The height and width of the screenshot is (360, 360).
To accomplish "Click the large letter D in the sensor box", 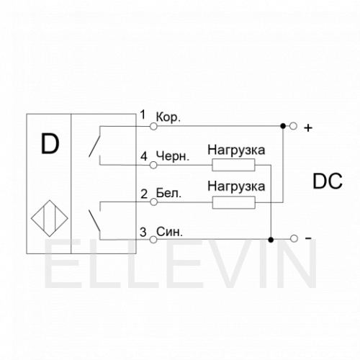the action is tap(50, 144).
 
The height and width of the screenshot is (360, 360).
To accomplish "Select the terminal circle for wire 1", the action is tap(153, 126).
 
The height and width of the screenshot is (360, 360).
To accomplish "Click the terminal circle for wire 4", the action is tap(153, 165).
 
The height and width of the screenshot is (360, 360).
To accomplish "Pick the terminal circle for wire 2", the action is tap(153, 202).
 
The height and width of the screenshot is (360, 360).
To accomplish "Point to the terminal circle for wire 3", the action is tap(153, 240).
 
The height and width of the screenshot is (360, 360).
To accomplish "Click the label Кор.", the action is tap(168, 117).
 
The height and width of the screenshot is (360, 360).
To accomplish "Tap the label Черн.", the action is tap(173, 156).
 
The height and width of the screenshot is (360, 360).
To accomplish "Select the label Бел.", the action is tap(168, 193).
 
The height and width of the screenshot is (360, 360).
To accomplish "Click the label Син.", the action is tap(169, 232).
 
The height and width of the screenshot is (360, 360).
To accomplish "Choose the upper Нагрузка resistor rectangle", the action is tap(233, 165).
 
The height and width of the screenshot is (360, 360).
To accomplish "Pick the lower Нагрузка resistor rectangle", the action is tap(234, 202).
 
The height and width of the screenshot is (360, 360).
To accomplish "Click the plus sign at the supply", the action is tap(308, 128).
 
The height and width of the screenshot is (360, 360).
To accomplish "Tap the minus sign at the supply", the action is tap(308, 238).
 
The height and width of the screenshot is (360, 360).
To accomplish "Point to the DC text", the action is tap(328, 181).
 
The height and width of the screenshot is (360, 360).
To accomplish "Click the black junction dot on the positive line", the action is tap(283, 126).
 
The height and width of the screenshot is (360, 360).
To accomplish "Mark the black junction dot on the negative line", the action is tap(271, 240).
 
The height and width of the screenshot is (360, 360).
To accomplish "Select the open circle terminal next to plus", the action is tap(293, 126).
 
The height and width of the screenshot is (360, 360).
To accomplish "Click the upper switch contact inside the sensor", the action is tap(94, 142).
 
